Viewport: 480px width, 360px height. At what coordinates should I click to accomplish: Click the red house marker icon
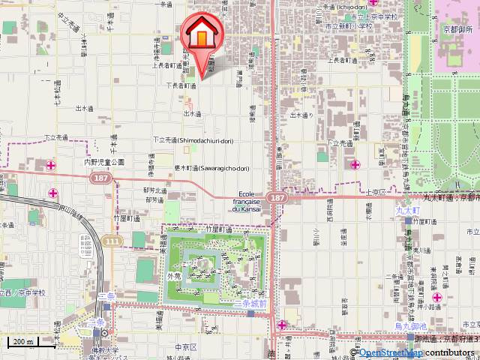tap(202, 34)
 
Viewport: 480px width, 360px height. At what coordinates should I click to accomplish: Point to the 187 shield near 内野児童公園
tap(99, 178)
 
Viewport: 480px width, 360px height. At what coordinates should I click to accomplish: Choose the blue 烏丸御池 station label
tap(410, 325)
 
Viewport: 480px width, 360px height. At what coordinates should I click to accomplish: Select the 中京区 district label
tap(184, 347)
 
